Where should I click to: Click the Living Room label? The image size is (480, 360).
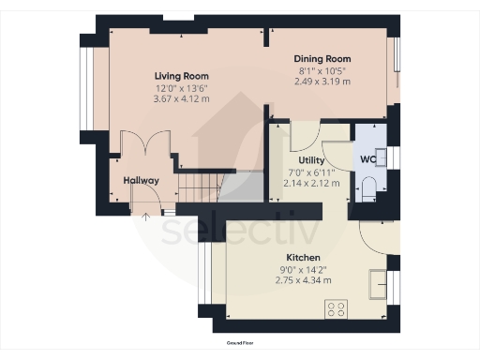[x=182, y=76]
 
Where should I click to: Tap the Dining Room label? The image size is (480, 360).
[x=322, y=59]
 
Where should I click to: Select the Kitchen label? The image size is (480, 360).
[x=303, y=258]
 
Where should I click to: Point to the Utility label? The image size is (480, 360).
[x=311, y=160]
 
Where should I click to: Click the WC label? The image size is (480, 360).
[x=367, y=159]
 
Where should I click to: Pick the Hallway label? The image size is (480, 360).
[x=142, y=180]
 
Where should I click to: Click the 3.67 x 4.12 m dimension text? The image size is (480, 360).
[x=181, y=98]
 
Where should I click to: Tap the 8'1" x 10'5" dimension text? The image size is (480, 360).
[x=322, y=71]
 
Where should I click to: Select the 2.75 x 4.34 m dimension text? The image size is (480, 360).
[x=303, y=280]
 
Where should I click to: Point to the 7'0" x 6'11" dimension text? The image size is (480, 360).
[x=311, y=172]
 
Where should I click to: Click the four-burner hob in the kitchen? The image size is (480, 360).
[x=336, y=309]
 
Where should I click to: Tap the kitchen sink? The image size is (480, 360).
[x=378, y=285]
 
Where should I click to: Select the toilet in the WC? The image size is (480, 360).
[x=369, y=189]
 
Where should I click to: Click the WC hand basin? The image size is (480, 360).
[x=381, y=157]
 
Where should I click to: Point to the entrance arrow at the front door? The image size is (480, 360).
[x=145, y=217]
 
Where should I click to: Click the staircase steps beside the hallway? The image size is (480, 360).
[x=200, y=187]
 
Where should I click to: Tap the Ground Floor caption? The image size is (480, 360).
[x=240, y=343]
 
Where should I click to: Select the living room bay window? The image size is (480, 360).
[x=86, y=88]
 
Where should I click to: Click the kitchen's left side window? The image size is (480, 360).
[x=205, y=273]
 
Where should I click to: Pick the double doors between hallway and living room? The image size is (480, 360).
[x=145, y=142]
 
